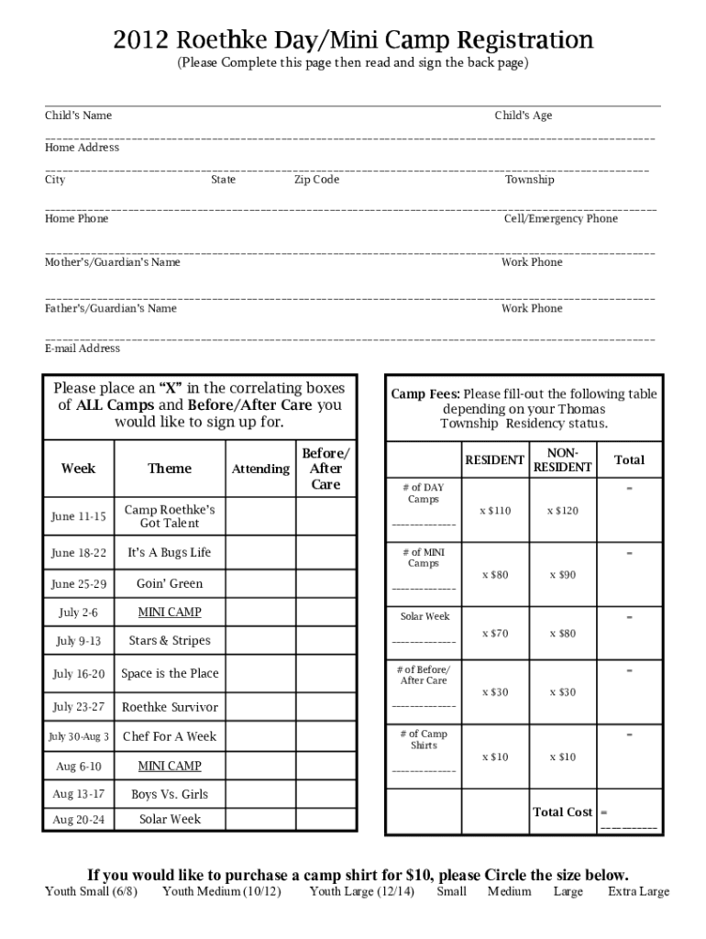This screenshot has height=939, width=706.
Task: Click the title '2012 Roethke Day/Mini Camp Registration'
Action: [353, 40]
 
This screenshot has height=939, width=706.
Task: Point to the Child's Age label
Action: [523, 116]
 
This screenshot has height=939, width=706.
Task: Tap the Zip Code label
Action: [316, 180]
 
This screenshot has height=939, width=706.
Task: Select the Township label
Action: [529, 180]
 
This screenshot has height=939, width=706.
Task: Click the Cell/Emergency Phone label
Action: [560, 218]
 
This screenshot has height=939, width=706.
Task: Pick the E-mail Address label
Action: [83, 348]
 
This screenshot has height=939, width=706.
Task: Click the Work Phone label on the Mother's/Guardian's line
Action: [532, 262]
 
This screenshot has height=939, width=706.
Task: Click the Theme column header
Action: [170, 469]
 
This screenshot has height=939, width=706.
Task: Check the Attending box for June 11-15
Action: [260, 515]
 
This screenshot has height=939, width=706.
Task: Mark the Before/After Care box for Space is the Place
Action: [325, 673]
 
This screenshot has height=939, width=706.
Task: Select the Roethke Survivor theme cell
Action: [170, 707]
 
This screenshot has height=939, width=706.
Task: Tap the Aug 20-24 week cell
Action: [78, 820]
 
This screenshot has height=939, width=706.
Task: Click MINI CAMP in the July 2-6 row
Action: [170, 612]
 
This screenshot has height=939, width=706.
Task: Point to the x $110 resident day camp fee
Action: [495, 511]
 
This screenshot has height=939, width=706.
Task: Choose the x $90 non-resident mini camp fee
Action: [563, 575]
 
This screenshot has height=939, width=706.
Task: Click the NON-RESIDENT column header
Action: [563, 460]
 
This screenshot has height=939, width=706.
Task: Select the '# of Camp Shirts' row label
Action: [424, 739]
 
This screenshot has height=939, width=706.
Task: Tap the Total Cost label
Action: [562, 812]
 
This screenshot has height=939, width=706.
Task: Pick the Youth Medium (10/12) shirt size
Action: [222, 891]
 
